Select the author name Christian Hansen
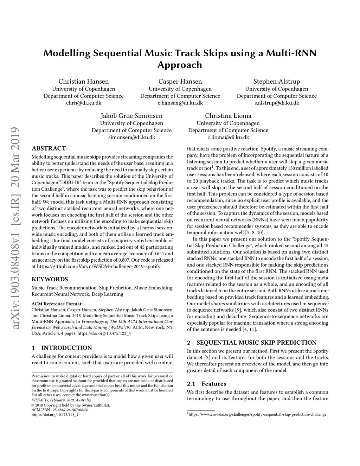83,82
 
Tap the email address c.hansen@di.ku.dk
180,103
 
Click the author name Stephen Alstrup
277,82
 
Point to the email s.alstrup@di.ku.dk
277,103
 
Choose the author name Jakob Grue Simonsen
131,116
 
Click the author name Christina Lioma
228,116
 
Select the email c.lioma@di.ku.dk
228,137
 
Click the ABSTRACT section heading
49,148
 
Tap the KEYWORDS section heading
50,280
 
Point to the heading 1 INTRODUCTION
62,348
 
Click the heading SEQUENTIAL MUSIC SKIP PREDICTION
256,343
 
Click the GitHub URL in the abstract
99,266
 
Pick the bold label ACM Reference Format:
57,304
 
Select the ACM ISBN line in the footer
60,410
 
